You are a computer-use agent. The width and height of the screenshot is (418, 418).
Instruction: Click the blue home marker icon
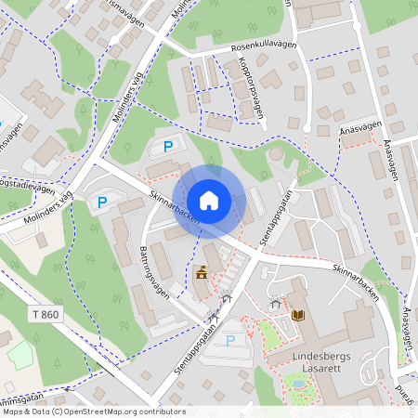209,200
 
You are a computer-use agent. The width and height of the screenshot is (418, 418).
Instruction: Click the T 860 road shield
43,315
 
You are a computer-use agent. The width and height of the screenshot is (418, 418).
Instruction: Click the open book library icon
297,316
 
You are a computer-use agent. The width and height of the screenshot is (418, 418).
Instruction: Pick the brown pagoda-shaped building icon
202,272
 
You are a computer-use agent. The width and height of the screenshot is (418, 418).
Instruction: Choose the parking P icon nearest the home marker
168,146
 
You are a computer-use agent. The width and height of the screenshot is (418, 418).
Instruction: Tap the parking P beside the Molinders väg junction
102,201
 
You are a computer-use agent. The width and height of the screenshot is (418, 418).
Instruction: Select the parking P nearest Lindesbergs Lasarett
230,341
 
